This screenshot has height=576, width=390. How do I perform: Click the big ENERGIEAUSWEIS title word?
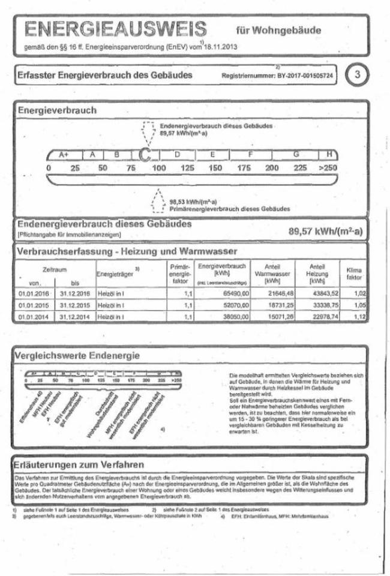point(114,29)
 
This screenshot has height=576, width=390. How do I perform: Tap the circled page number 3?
point(358,75)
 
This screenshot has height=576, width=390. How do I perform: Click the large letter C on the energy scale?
point(144,155)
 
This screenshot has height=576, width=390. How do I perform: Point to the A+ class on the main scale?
point(64,155)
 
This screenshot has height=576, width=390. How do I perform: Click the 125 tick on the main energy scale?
point(187,168)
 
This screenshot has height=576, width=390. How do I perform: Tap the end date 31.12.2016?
point(74,293)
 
